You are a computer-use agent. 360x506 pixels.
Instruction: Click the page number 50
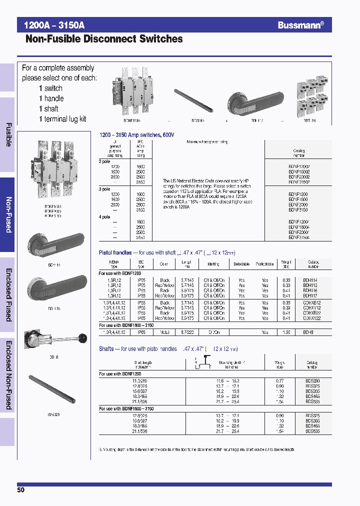[x=20, y=490]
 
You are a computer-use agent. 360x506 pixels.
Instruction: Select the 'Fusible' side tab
[x=8, y=134]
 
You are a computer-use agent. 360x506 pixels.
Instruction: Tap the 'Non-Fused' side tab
[x=8, y=214]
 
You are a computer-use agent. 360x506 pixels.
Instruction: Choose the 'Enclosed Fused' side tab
[x=8, y=296]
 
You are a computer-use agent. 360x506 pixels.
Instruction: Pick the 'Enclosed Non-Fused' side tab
[x=8, y=375]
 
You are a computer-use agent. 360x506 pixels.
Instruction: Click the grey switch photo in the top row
[x=134, y=91]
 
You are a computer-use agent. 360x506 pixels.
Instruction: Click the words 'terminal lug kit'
[x=65, y=119]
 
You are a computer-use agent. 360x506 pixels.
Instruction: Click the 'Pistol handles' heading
[x=115, y=253]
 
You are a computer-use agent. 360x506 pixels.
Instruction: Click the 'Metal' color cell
[x=164, y=332]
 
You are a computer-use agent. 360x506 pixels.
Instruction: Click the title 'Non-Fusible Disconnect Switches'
[x=104, y=39]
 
